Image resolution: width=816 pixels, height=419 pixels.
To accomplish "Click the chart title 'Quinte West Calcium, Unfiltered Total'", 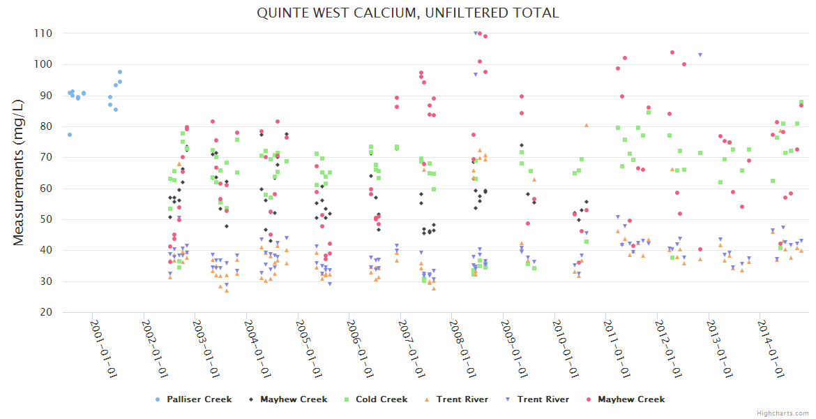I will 408,13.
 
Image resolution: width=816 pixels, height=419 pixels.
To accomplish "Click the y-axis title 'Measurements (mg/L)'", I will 19,172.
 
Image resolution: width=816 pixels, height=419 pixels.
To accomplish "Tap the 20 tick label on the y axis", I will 46,312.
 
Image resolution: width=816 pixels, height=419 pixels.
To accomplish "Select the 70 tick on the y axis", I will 46,158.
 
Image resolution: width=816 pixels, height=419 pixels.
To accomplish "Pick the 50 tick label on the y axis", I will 46,220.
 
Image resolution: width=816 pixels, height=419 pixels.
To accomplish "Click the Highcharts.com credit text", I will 783,413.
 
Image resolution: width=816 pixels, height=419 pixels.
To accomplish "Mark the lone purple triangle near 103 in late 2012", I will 700,54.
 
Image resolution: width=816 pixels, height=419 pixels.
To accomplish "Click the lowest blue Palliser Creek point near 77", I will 70,135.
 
